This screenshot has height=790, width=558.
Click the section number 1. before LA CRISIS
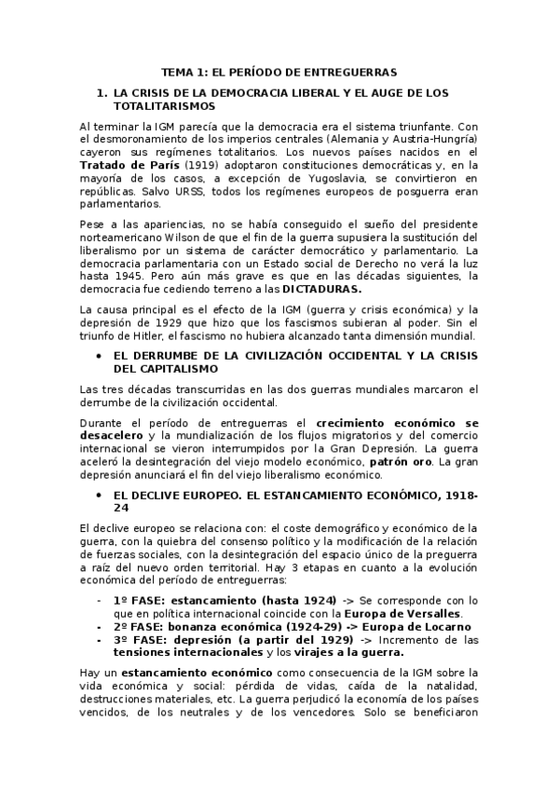point(102,94)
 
